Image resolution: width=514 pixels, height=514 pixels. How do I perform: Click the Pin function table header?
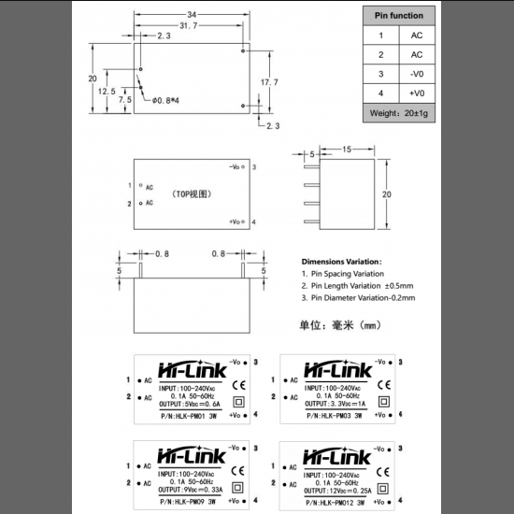[399, 16]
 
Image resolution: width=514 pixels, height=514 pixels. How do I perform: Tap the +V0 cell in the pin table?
[417, 93]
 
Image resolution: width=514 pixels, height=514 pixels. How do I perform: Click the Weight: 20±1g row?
[399, 113]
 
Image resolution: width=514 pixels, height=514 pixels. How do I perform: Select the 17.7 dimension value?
[269, 82]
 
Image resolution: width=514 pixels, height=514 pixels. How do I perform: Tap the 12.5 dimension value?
[107, 92]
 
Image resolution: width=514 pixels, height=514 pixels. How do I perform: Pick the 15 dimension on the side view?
[346, 150]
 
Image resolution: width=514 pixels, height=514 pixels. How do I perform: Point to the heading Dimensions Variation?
[341, 262]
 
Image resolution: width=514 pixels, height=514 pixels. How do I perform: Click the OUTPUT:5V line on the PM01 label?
[191, 404]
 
